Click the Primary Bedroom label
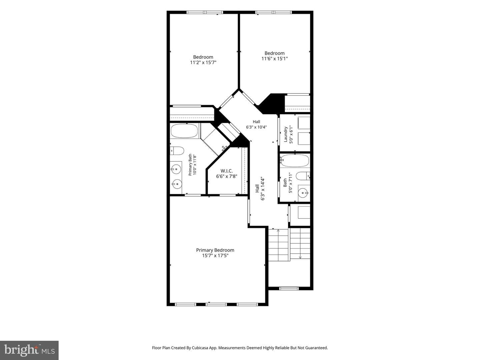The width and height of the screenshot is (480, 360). tap(215, 250)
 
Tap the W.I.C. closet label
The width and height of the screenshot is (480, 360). tap(227, 171)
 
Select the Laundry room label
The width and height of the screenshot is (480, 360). tap(285, 134)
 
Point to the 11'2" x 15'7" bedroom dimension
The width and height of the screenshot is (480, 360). tap(203, 63)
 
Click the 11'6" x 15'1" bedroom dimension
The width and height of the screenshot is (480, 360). tap(274, 59)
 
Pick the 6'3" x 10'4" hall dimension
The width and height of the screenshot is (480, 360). tap(256, 127)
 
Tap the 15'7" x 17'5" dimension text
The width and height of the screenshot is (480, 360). tap(215, 256)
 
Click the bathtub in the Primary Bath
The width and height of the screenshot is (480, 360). tap(184, 131)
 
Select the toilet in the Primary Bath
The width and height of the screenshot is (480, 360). tap(177, 151)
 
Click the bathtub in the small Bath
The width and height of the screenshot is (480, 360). tap(295, 161)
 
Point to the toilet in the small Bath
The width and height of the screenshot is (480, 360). tap(303, 176)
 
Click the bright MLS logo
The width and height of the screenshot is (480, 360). tap(29, 350)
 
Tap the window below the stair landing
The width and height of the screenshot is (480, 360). tap(289, 289)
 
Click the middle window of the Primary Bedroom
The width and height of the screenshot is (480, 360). tap(216, 304)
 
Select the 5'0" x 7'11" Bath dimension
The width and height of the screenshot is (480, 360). tap(290, 183)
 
